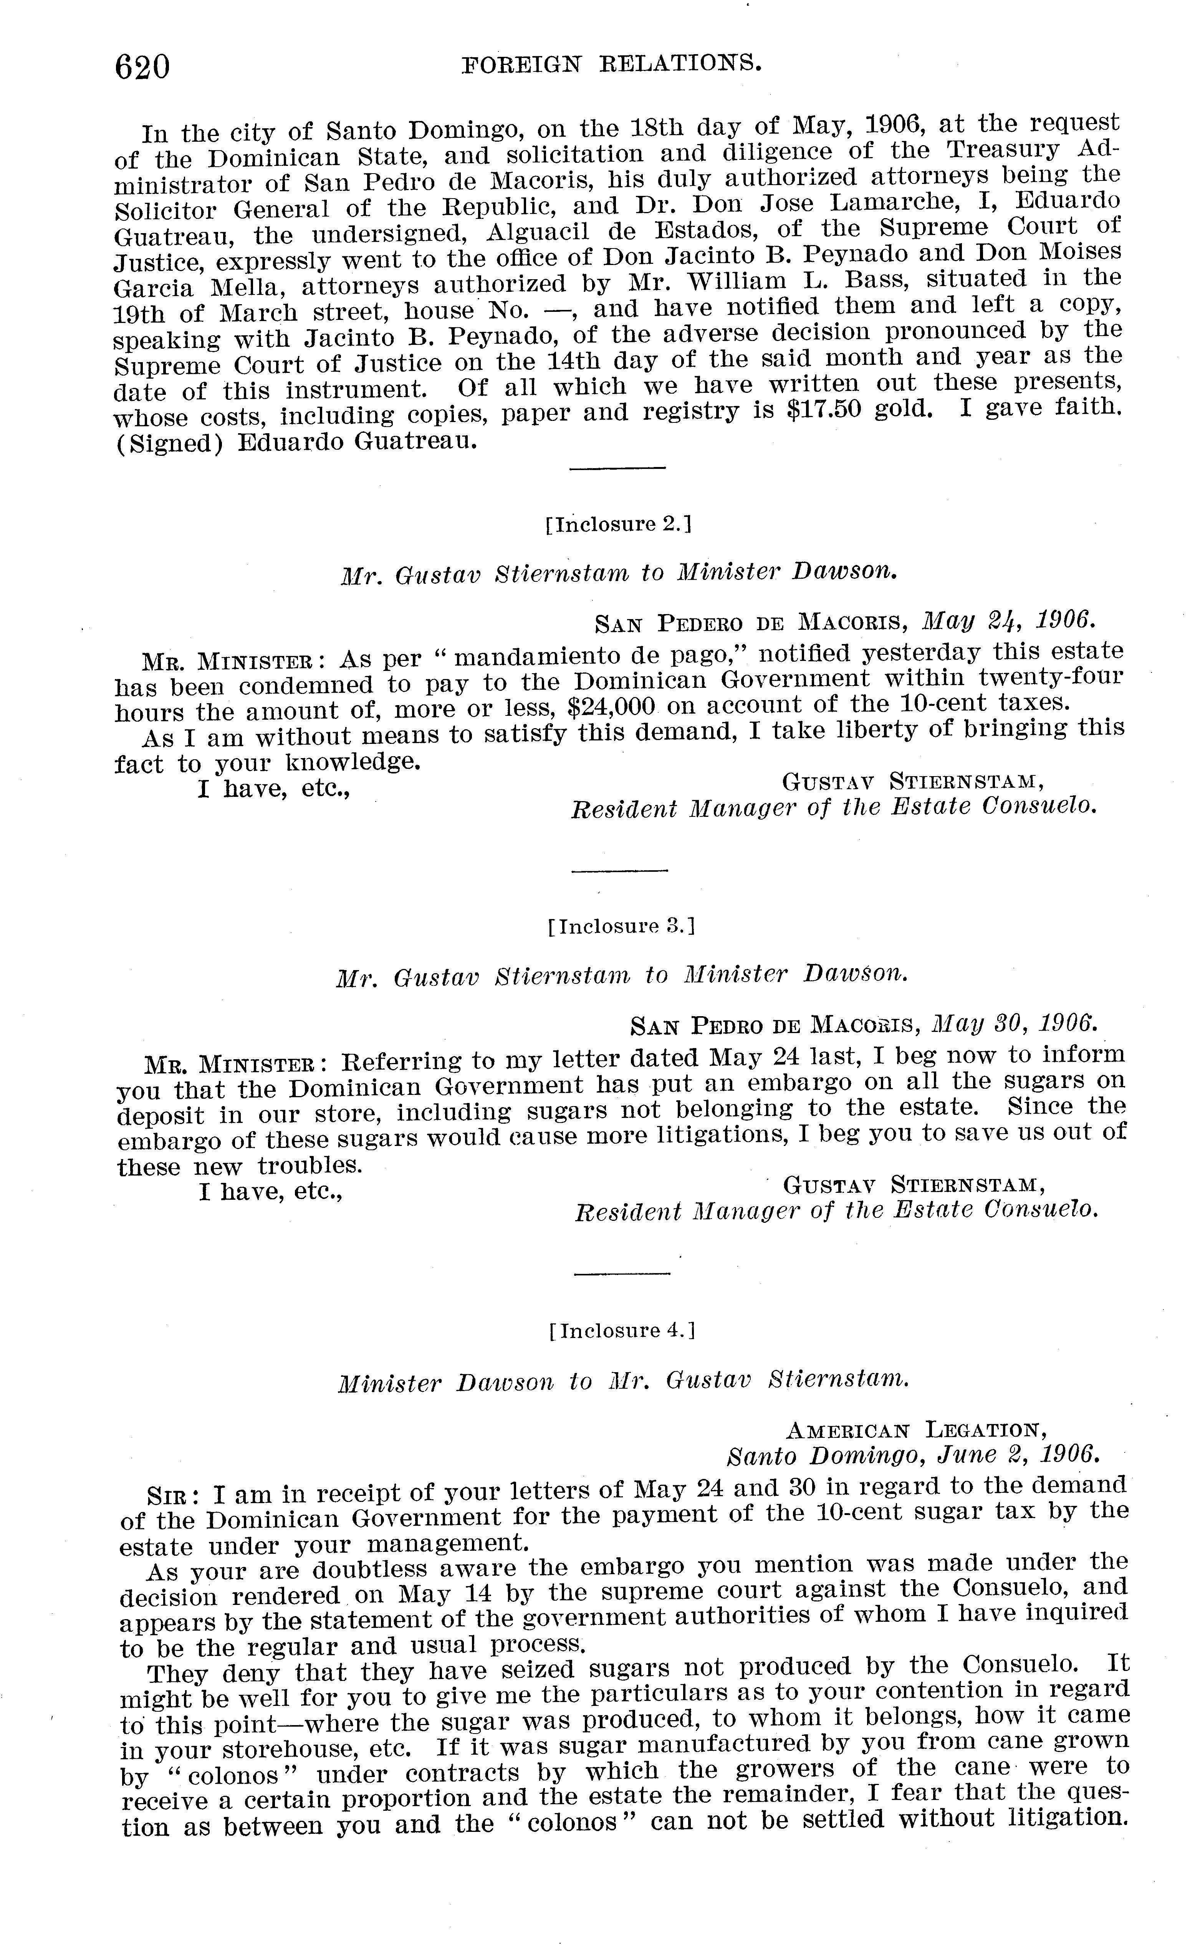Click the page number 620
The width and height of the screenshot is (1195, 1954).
(x=143, y=66)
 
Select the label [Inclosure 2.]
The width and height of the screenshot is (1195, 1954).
(x=619, y=524)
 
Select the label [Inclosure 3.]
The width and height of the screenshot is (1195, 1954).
(x=621, y=926)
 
